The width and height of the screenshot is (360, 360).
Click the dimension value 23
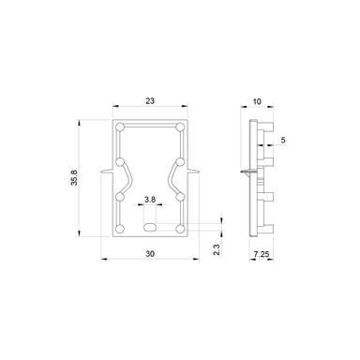150,100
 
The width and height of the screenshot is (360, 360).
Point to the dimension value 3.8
150,199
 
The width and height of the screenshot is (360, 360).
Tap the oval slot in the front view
150,226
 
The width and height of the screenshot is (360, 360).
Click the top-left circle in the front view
120,127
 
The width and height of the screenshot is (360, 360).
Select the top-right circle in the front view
180,127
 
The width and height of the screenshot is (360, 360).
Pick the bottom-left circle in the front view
120,227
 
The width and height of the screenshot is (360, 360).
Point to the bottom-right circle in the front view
180,227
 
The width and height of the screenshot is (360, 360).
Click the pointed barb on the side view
245,173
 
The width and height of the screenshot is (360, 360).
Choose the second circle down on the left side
120,162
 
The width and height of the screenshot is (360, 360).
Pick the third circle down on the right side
180,198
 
